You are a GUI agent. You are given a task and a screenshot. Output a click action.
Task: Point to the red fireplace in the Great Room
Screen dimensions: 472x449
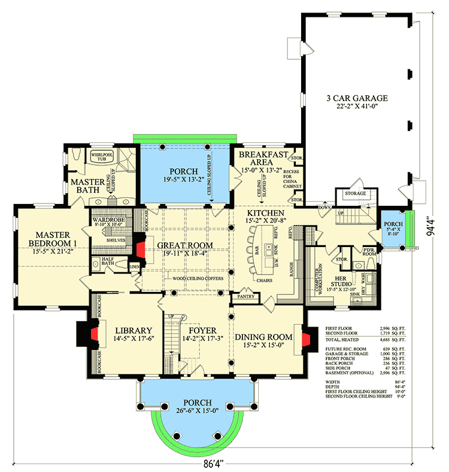point(139,249)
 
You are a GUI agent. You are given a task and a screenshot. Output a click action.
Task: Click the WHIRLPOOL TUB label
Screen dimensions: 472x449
point(101,156)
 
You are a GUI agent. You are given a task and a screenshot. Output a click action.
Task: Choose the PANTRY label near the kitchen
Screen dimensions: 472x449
point(245,296)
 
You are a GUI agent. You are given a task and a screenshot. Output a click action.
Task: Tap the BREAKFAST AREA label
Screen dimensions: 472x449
point(263,158)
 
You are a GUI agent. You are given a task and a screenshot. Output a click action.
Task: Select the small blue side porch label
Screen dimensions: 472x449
point(393,226)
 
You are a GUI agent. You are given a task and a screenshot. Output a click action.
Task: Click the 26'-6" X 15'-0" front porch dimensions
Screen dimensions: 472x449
point(189,410)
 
